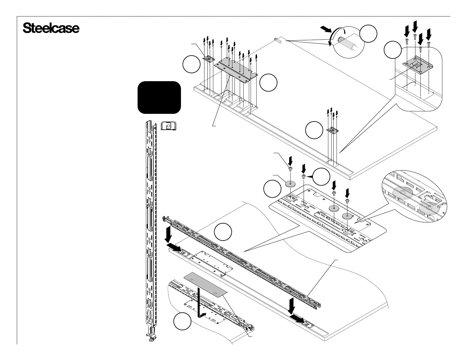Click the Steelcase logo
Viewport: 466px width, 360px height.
51,29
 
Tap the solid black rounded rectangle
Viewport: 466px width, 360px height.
159,97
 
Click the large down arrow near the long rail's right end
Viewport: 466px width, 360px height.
292,305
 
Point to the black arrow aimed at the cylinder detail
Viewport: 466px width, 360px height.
326,29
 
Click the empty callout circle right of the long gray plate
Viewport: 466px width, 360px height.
269,83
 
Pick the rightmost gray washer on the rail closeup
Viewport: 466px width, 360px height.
347,216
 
